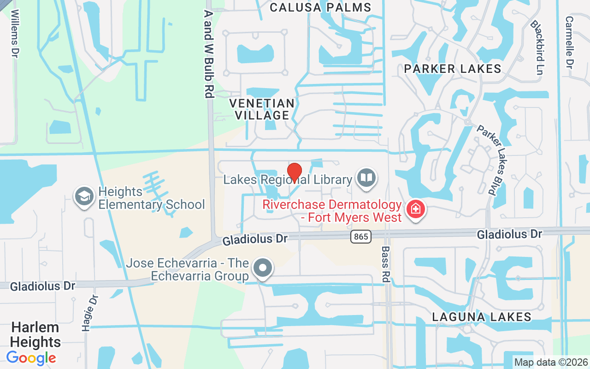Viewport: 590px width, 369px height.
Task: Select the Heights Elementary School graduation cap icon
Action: [84, 196]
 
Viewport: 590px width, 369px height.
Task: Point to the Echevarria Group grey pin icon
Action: [263, 268]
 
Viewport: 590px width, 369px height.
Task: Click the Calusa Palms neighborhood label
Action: [320, 7]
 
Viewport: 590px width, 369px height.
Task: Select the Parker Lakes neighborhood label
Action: [453, 69]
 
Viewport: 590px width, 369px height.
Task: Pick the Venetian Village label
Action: [262, 109]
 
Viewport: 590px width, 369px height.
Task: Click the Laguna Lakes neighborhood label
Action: [482, 317]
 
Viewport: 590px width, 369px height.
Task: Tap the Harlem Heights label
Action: [35, 334]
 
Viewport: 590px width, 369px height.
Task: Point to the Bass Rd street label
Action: [385, 264]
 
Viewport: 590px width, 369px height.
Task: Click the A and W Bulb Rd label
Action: [209, 54]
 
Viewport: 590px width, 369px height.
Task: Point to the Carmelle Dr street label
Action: [570, 42]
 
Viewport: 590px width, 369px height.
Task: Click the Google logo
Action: [31, 357]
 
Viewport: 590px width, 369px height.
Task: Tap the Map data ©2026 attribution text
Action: [551, 363]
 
